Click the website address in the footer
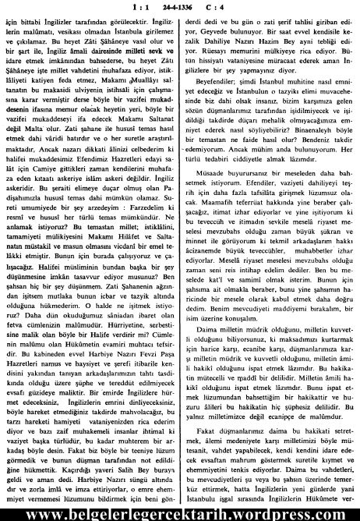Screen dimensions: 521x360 click(180, 511)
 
